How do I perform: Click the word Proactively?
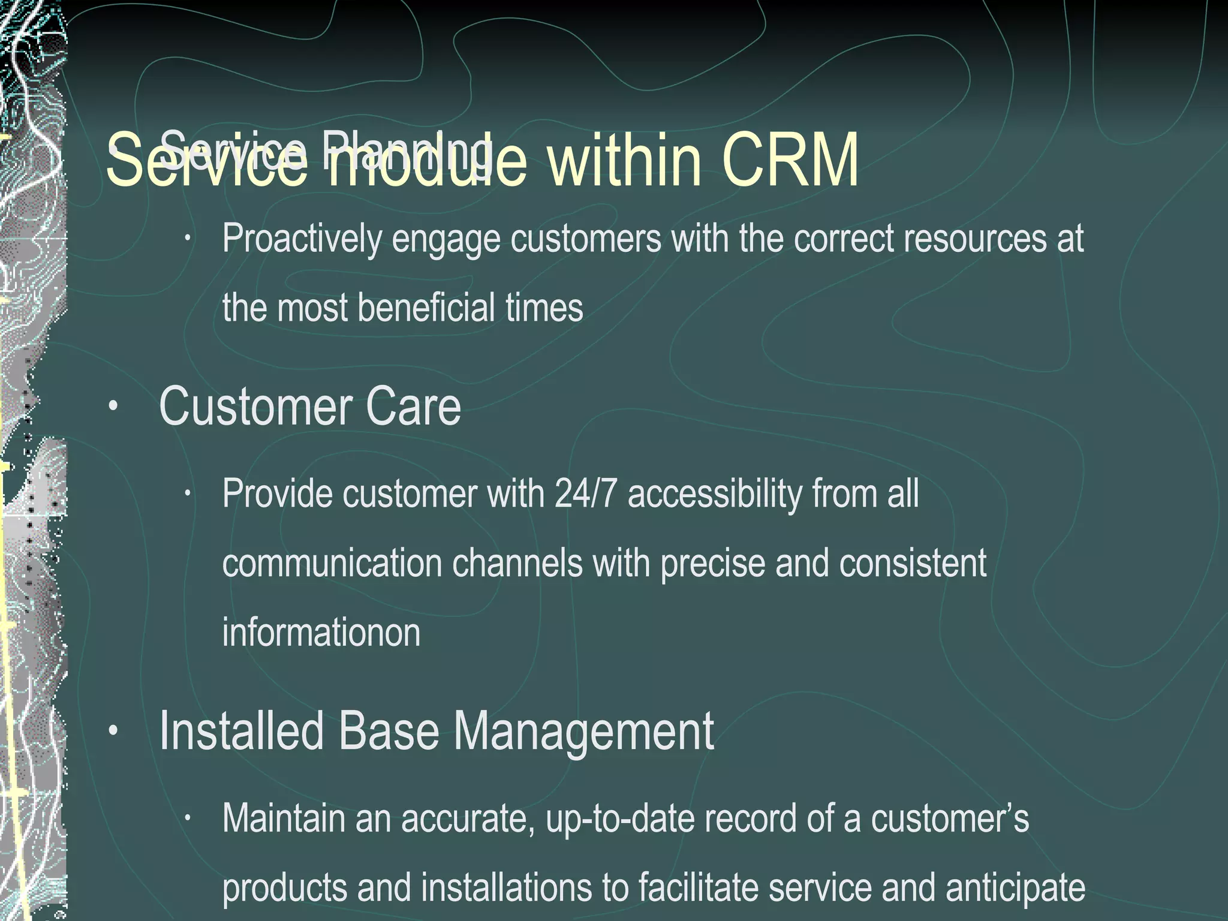point(302,239)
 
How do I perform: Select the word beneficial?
point(426,308)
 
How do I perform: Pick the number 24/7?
point(586,495)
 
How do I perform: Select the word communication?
point(332,564)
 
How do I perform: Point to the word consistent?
point(913,564)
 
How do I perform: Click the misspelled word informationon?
point(321,633)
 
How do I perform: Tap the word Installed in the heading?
point(242,732)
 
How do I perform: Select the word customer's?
point(950,819)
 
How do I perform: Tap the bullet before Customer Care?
point(112,408)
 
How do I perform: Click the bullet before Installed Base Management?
point(112,732)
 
